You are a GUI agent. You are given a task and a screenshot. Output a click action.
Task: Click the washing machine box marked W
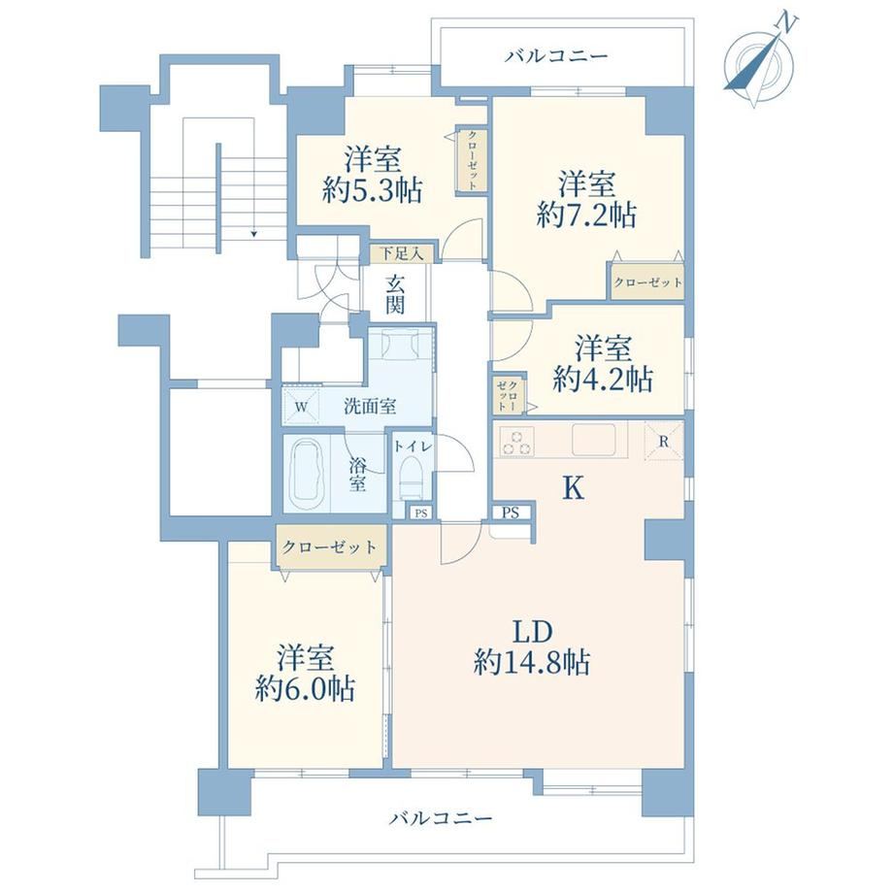(x=302, y=407)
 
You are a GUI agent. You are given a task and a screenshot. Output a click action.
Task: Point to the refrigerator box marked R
(x=664, y=441)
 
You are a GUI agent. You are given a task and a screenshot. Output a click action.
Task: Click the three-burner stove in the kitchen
(x=516, y=442)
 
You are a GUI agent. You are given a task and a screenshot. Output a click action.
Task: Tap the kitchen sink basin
(x=593, y=440)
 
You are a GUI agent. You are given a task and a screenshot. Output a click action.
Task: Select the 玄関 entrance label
(x=395, y=294)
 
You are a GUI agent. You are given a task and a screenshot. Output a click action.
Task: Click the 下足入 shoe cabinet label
(x=402, y=253)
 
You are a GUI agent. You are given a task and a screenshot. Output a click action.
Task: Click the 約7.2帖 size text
(x=586, y=215)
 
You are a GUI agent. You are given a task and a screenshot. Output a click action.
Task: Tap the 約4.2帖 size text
(x=603, y=379)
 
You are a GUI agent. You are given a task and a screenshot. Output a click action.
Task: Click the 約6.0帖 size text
(x=305, y=688)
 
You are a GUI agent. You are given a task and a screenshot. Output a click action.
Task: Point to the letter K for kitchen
(x=573, y=488)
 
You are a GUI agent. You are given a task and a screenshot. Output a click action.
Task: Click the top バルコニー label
(x=557, y=56)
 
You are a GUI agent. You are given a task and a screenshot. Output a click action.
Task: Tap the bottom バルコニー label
(x=441, y=819)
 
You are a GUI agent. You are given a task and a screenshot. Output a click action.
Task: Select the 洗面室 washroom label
(x=370, y=407)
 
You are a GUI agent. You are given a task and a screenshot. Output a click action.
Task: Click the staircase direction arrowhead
(x=253, y=233)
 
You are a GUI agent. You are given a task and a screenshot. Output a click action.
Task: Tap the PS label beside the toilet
(x=421, y=513)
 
